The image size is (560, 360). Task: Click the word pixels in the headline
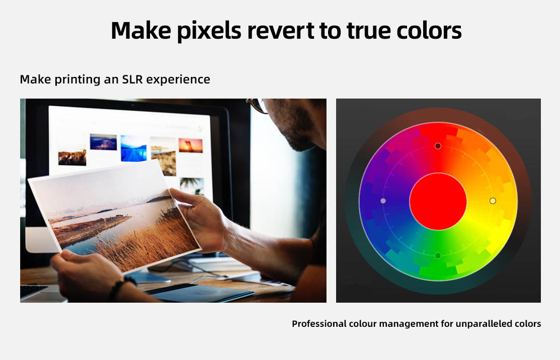[x=209, y=31]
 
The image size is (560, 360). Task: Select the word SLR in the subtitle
[x=132, y=79]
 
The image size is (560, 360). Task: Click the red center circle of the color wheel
[x=438, y=201]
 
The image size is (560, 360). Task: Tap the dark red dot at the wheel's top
[x=438, y=146]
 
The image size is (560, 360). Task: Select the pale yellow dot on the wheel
[x=493, y=201]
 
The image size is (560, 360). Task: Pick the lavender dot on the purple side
[x=383, y=201]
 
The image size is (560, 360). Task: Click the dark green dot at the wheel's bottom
[x=438, y=255]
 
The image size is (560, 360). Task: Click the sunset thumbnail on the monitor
[x=190, y=145]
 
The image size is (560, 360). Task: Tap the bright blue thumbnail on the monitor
[x=133, y=148]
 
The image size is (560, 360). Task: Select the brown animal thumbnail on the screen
[x=72, y=157]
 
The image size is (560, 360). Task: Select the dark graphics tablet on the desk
[x=200, y=293]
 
